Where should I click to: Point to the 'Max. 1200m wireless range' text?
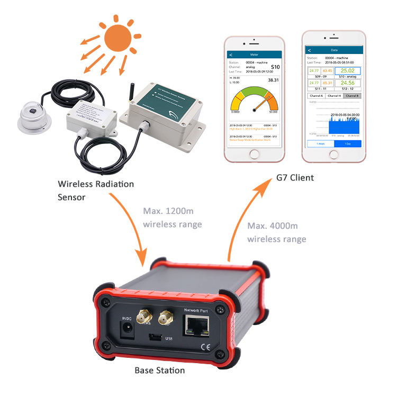tap(172, 218)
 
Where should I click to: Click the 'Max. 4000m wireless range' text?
tap(276, 232)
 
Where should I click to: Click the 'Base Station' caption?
tap(159, 370)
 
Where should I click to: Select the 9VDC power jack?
tap(127, 330)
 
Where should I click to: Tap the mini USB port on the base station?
tap(155, 337)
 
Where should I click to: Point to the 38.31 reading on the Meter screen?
tap(273, 80)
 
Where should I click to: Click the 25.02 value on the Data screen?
tap(347, 70)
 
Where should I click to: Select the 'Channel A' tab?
tap(317, 96)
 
